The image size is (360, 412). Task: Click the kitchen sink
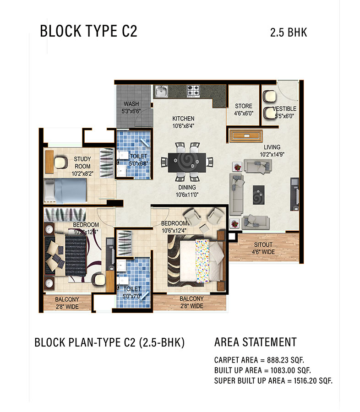161,92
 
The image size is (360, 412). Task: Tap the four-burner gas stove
193,91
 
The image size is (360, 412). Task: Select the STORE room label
244,106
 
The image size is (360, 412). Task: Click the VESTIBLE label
284,108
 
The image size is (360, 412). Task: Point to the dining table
187,163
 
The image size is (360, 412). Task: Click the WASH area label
131,104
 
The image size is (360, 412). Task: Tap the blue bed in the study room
65,191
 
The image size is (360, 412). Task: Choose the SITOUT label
263,244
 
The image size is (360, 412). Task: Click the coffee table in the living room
258,195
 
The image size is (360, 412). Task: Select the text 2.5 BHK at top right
289,33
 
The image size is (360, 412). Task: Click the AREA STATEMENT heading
255,342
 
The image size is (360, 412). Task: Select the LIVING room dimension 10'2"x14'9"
272,155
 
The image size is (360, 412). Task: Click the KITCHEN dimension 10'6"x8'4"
183,126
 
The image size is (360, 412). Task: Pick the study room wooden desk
49,162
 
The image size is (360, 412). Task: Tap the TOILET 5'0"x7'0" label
132,293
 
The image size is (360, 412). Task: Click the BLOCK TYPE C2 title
88,31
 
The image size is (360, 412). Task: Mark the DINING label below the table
187,187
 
